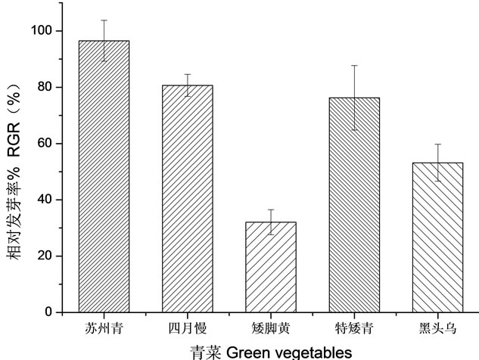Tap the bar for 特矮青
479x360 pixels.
[353, 204]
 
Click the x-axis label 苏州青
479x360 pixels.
[104, 329]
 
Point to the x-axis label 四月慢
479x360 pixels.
[187, 329]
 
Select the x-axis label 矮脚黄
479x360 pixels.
[270, 329]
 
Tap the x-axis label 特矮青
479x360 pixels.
[353, 329]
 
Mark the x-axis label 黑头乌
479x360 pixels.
[437, 329]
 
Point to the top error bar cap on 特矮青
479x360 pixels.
[353, 66]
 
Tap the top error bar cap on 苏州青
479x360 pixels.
[104, 20]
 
